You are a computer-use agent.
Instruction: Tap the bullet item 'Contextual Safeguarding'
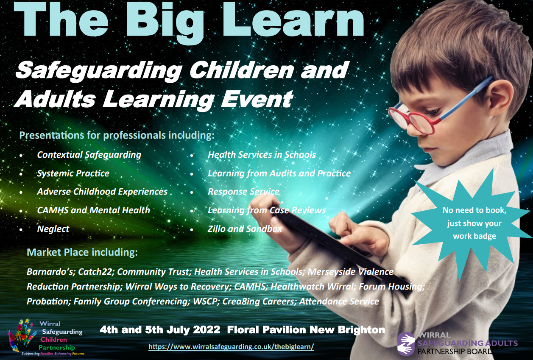89,155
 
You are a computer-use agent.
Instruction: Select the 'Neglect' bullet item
53,229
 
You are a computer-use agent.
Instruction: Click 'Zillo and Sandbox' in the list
245,229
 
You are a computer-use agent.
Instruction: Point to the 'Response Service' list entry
243,192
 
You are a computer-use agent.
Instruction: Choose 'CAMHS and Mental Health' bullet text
94,210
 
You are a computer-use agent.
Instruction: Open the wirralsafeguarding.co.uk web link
231,346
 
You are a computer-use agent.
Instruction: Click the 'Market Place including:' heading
82,252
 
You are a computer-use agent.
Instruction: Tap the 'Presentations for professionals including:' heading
117,135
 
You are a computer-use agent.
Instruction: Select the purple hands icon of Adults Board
406,344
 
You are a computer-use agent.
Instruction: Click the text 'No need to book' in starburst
474,210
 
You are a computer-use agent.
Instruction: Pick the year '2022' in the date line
207,330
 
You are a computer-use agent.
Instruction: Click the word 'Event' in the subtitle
257,99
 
